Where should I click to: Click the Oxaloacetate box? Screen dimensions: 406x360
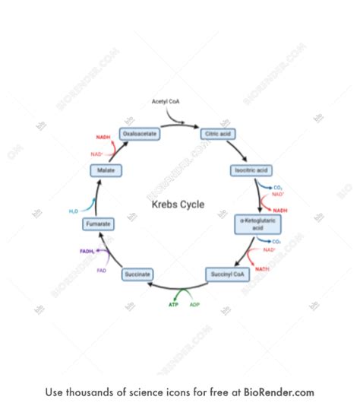pos(140,133)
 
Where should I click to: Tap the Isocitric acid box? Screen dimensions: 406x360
pos(251,170)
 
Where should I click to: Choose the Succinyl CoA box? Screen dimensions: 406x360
pos(226,274)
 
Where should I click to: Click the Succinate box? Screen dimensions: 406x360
pos(138,274)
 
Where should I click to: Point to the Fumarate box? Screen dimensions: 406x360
pos(99,224)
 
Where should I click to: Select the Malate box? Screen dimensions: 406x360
pos(106,171)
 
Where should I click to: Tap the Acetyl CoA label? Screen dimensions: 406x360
pos(166,101)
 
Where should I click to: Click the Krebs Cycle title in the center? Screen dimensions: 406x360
pos(177,205)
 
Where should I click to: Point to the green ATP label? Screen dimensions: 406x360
pos(173,304)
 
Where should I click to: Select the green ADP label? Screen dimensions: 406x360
pos(195,304)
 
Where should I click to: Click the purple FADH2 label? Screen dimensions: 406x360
pos(87,251)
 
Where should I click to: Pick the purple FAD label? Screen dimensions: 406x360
pos(102,270)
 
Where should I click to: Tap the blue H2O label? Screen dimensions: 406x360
pos(74,211)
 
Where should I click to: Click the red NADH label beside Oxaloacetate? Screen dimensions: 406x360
pos(103,138)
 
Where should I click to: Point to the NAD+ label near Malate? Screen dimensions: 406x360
pos(96,154)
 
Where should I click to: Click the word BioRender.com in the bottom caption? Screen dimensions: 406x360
pos(279,392)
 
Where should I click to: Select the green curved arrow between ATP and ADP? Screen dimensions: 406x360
pos(183,293)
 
